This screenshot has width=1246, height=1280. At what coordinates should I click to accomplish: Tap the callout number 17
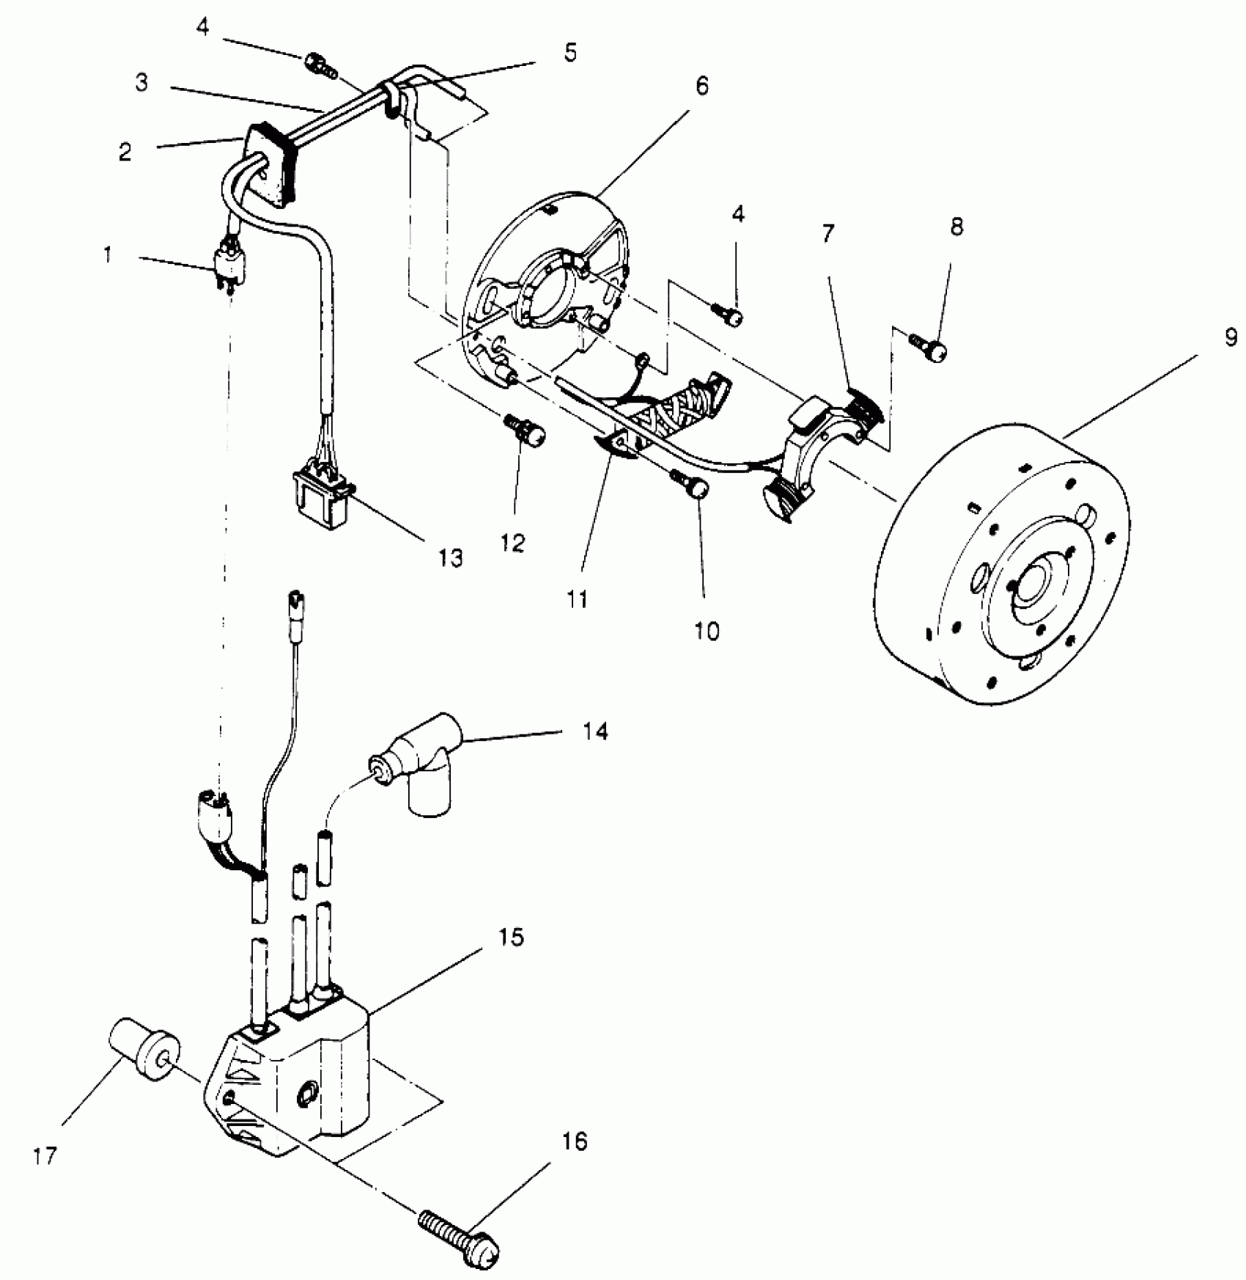44,1157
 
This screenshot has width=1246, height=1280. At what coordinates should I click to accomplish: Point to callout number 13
451,559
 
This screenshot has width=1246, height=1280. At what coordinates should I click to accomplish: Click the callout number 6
701,87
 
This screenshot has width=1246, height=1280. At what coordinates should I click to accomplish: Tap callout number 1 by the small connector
108,257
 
